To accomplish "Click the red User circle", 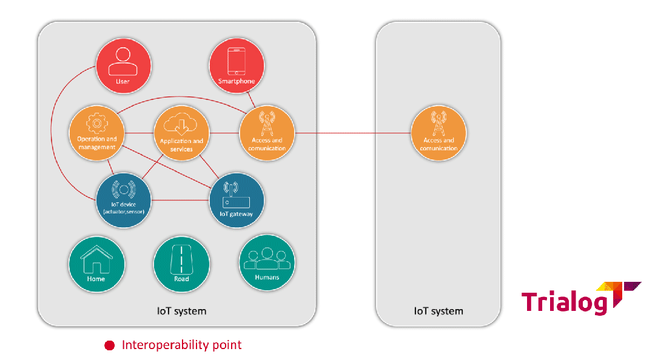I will tap(123, 66).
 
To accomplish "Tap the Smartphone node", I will tap(237, 66).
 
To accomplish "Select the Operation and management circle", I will tap(97, 133).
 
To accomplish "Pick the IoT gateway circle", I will tap(237, 201).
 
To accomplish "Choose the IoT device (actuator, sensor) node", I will tap(124, 201).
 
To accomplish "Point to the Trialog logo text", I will tap(564, 301).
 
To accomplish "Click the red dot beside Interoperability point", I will tap(109, 345).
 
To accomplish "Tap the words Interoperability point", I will tap(181, 345).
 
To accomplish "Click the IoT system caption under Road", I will tap(182, 311).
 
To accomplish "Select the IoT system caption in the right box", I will tap(438, 311).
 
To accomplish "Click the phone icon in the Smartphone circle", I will tap(237, 61).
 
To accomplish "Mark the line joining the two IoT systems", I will tap(352, 133).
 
